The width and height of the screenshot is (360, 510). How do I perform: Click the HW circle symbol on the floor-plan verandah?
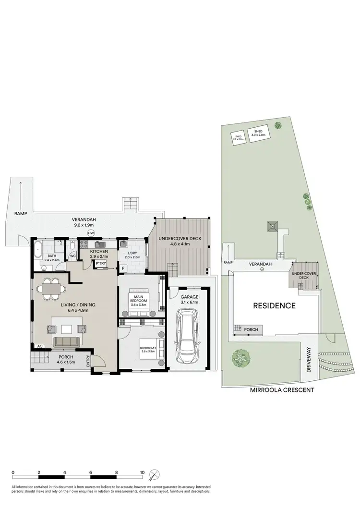tap(91, 233)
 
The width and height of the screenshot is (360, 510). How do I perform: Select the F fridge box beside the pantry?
tap(123, 268)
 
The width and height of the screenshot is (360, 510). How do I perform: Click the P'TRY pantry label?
tap(101, 264)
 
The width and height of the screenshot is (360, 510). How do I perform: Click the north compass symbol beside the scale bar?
tap(153, 476)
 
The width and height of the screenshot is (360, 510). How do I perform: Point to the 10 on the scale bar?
tap(142, 472)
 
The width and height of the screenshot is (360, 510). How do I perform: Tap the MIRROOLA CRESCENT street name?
tap(282, 390)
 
